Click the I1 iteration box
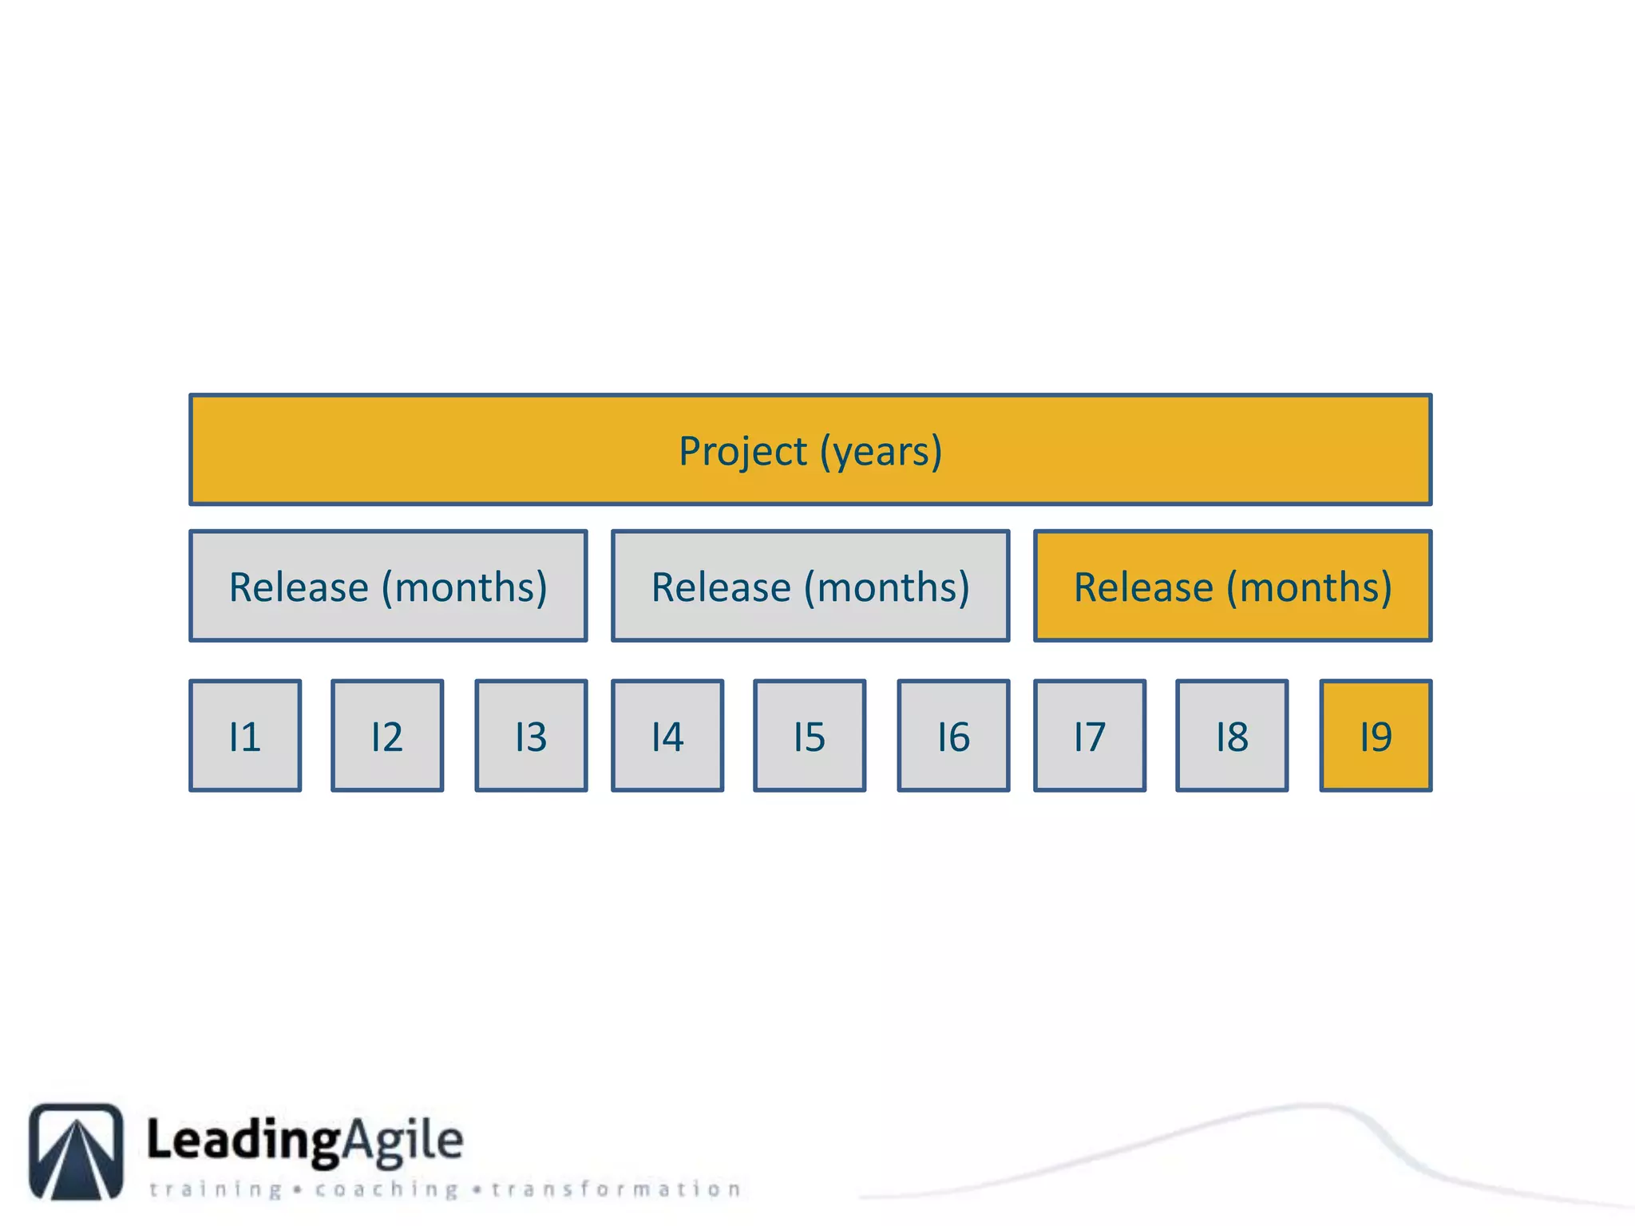[245, 735]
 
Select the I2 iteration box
[387, 735]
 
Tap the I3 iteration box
[531, 735]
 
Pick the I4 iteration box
[667, 735]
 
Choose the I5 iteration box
[810, 735]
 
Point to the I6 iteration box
[953, 735]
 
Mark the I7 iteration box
[1090, 735]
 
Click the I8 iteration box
[1232, 735]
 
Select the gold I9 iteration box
[1376, 735]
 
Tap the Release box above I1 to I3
[388, 586]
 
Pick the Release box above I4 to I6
[810, 586]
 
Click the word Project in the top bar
[742, 452]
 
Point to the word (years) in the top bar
[881, 452]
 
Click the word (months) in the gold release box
[1309, 587]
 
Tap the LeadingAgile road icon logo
[77, 1151]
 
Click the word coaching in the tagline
[386, 1190]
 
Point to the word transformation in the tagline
[616, 1190]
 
